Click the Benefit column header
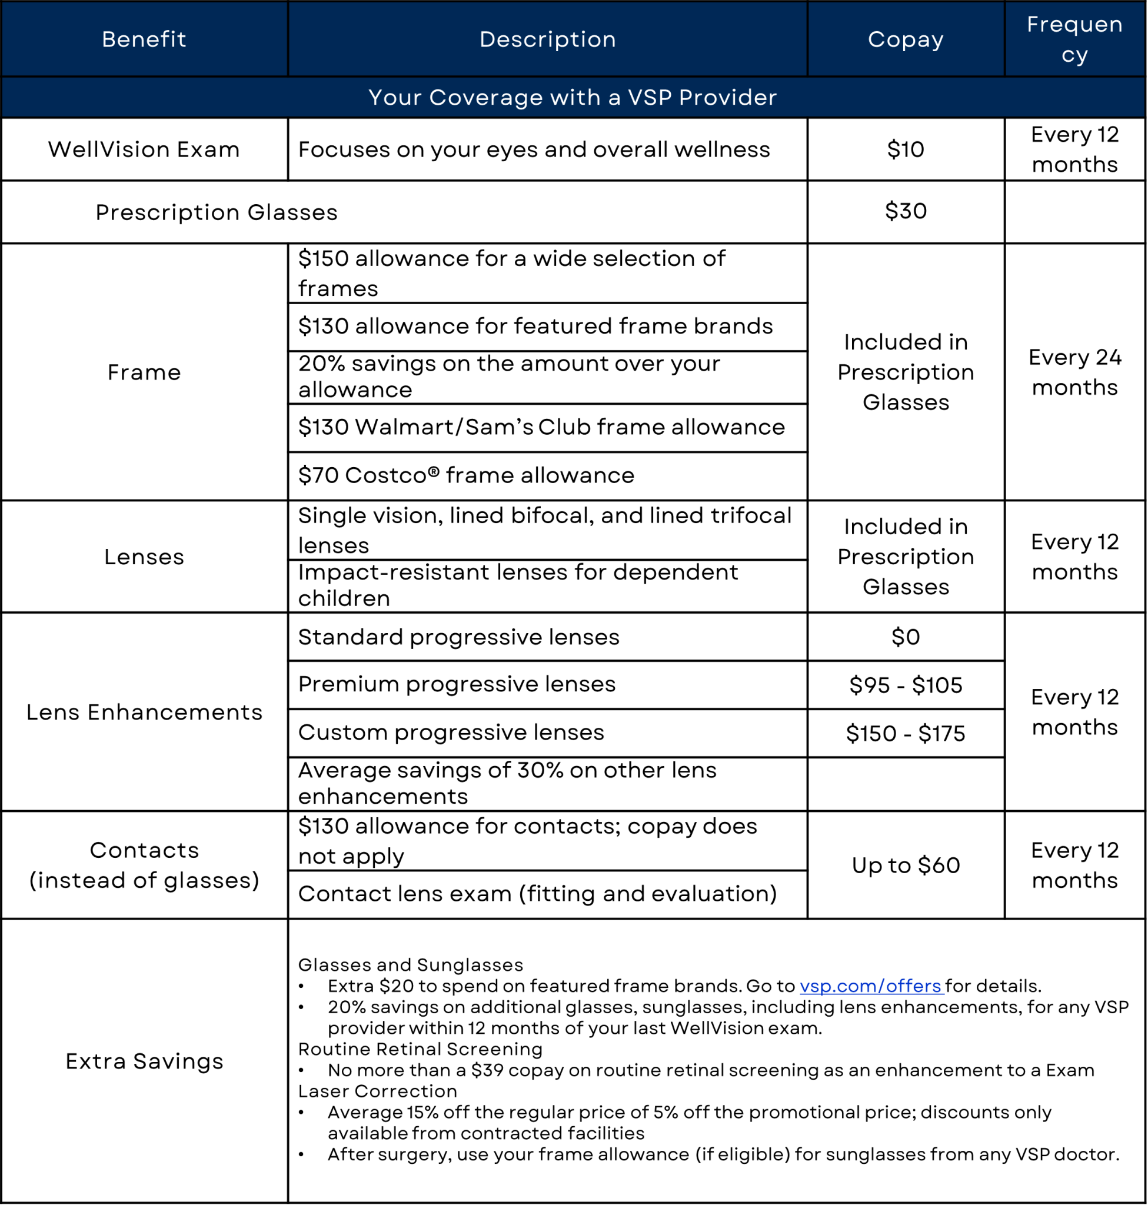coord(144,39)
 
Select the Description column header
coord(547,39)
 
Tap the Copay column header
coord(905,39)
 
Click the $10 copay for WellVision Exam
coord(905,149)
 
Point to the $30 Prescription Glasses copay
coord(905,211)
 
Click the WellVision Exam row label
coord(144,149)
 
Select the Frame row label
coord(144,372)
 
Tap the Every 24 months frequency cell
coord(1074,372)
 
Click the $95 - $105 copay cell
coord(905,685)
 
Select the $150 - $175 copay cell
coord(905,733)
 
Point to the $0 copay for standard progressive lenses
coord(905,637)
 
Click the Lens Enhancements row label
coord(144,713)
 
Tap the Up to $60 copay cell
coord(905,866)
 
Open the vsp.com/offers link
coord(870,986)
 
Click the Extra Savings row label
coord(144,1061)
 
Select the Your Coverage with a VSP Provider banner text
coord(572,97)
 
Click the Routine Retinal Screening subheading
coord(420,1049)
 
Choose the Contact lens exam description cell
coord(537,894)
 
